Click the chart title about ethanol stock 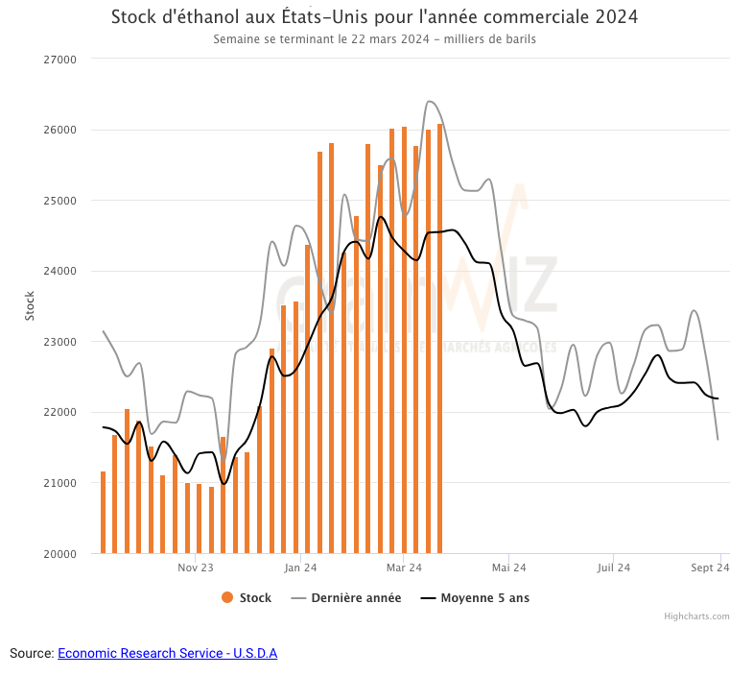[x=374, y=17]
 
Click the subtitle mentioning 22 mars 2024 [x=374, y=39]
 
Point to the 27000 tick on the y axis [x=60, y=60]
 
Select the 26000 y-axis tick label [x=60, y=130]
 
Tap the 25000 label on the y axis [x=60, y=201]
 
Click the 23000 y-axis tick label [x=60, y=342]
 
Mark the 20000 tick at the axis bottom [x=60, y=554]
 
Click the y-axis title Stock [x=29, y=306]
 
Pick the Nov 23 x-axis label [x=195, y=567]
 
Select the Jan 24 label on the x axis [x=300, y=567]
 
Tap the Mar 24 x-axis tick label [x=404, y=567]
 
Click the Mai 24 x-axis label [x=508, y=567]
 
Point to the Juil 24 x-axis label [x=613, y=567]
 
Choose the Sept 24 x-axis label [x=711, y=567]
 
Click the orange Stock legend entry [x=247, y=597]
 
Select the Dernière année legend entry [x=346, y=597]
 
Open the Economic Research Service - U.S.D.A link [x=167, y=653]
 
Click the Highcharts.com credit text [x=696, y=616]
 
